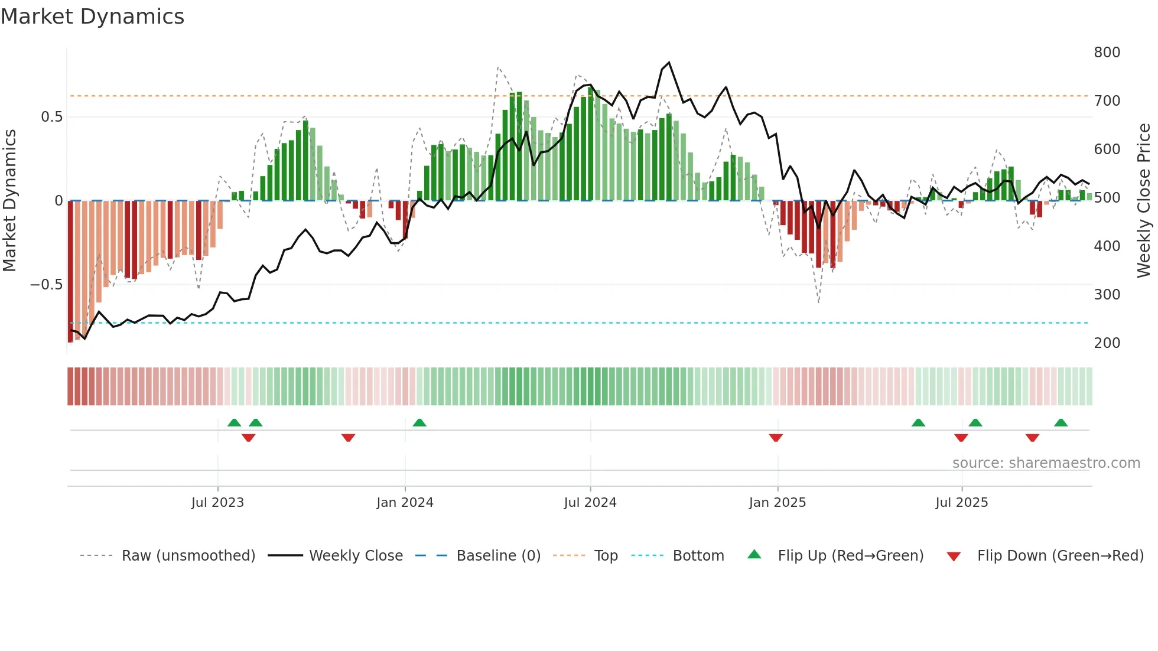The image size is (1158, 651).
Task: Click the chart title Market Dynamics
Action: click(x=93, y=17)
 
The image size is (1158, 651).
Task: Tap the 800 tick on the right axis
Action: click(x=1107, y=53)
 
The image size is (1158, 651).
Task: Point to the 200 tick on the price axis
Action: click(x=1107, y=343)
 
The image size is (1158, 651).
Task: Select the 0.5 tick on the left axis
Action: click(x=51, y=117)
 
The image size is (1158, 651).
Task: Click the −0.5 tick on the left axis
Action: click(x=46, y=285)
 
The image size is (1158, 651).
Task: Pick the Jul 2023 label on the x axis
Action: click(x=217, y=503)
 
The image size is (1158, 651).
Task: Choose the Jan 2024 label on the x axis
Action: click(x=405, y=503)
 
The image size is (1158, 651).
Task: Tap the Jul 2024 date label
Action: click(x=590, y=503)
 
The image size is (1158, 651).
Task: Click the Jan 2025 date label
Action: click(x=777, y=503)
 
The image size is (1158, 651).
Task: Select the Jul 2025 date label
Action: click(x=961, y=503)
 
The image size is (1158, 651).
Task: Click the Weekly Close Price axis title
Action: click(x=1144, y=201)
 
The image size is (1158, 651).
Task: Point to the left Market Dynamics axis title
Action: click(x=9, y=201)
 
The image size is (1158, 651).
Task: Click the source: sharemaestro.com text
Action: click(x=1046, y=463)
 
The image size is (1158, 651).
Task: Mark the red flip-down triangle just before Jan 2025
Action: click(x=776, y=438)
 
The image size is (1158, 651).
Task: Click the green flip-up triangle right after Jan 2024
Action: click(x=419, y=422)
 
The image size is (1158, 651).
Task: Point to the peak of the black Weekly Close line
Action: click(x=669, y=62)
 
